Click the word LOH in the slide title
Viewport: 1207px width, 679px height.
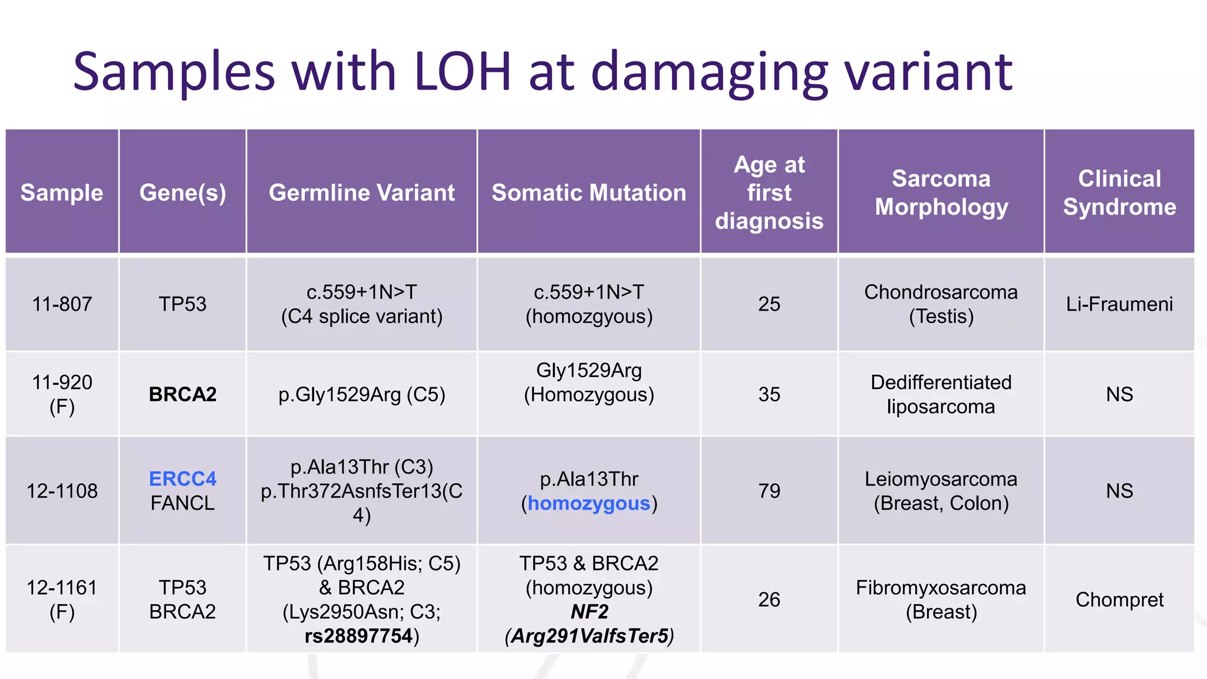[x=462, y=72]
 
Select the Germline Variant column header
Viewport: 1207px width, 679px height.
[x=361, y=193]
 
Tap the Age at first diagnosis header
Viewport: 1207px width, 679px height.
[x=769, y=193]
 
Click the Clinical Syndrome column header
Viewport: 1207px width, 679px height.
[x=1119, y=193]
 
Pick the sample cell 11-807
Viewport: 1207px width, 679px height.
[x=62, y=304]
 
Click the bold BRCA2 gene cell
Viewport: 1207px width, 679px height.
[x=183, y=394]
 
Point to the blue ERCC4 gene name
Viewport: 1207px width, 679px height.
[x=183, y=479]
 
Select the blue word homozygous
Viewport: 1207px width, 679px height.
[x=589, y=503]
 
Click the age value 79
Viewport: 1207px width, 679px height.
[x=769, y=491]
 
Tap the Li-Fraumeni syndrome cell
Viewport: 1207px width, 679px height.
[x=1119, y=304]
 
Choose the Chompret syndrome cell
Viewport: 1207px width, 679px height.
[x=1119, y=599]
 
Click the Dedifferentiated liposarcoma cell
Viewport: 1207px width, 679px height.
[x=941, y=394]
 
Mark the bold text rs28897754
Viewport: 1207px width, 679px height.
[x=358, y=636]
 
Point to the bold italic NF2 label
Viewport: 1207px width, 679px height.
[x=589, y=612]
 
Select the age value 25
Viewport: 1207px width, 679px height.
[x=769, y=304]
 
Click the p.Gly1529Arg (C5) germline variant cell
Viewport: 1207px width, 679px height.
[x=361, y=394]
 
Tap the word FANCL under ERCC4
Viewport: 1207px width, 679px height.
[x=183, y=503]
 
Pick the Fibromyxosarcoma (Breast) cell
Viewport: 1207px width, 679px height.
[x=941, y=599]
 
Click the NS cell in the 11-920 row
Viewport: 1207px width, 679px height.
[x=1119, y=394]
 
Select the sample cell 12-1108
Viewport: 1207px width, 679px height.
[x=62, y=491]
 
